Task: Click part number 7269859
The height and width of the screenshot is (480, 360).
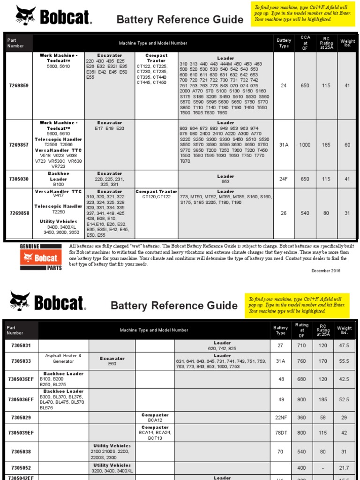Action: coord(19,85)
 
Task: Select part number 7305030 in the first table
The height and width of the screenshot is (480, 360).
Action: coord(19,179)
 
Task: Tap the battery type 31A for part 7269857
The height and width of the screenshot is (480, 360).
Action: coord(284,145)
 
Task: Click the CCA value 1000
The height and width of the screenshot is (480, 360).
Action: coord(305,145)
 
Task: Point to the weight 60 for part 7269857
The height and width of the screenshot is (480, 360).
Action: coord(347,145)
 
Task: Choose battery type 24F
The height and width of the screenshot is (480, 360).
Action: coord(284,179)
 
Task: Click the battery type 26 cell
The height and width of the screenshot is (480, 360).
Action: coord(284,213)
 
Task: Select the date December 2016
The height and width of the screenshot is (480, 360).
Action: coord(326,270)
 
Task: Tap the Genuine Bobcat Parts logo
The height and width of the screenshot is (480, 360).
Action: coord(41,257)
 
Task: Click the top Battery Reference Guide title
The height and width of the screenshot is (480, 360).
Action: coord(180,20)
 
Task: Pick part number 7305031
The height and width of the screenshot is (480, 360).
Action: coord(21,345)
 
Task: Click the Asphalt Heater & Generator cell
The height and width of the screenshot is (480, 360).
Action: coord(63,359)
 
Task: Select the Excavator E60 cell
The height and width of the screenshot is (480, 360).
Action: coord(112,361)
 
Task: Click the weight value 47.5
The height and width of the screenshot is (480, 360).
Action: coord(344,345)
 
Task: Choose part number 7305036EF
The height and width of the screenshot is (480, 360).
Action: coord(21,399)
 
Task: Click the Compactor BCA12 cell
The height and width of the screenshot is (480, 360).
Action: coord(155,418)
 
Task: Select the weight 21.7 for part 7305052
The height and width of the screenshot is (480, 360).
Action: coord(344,468)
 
